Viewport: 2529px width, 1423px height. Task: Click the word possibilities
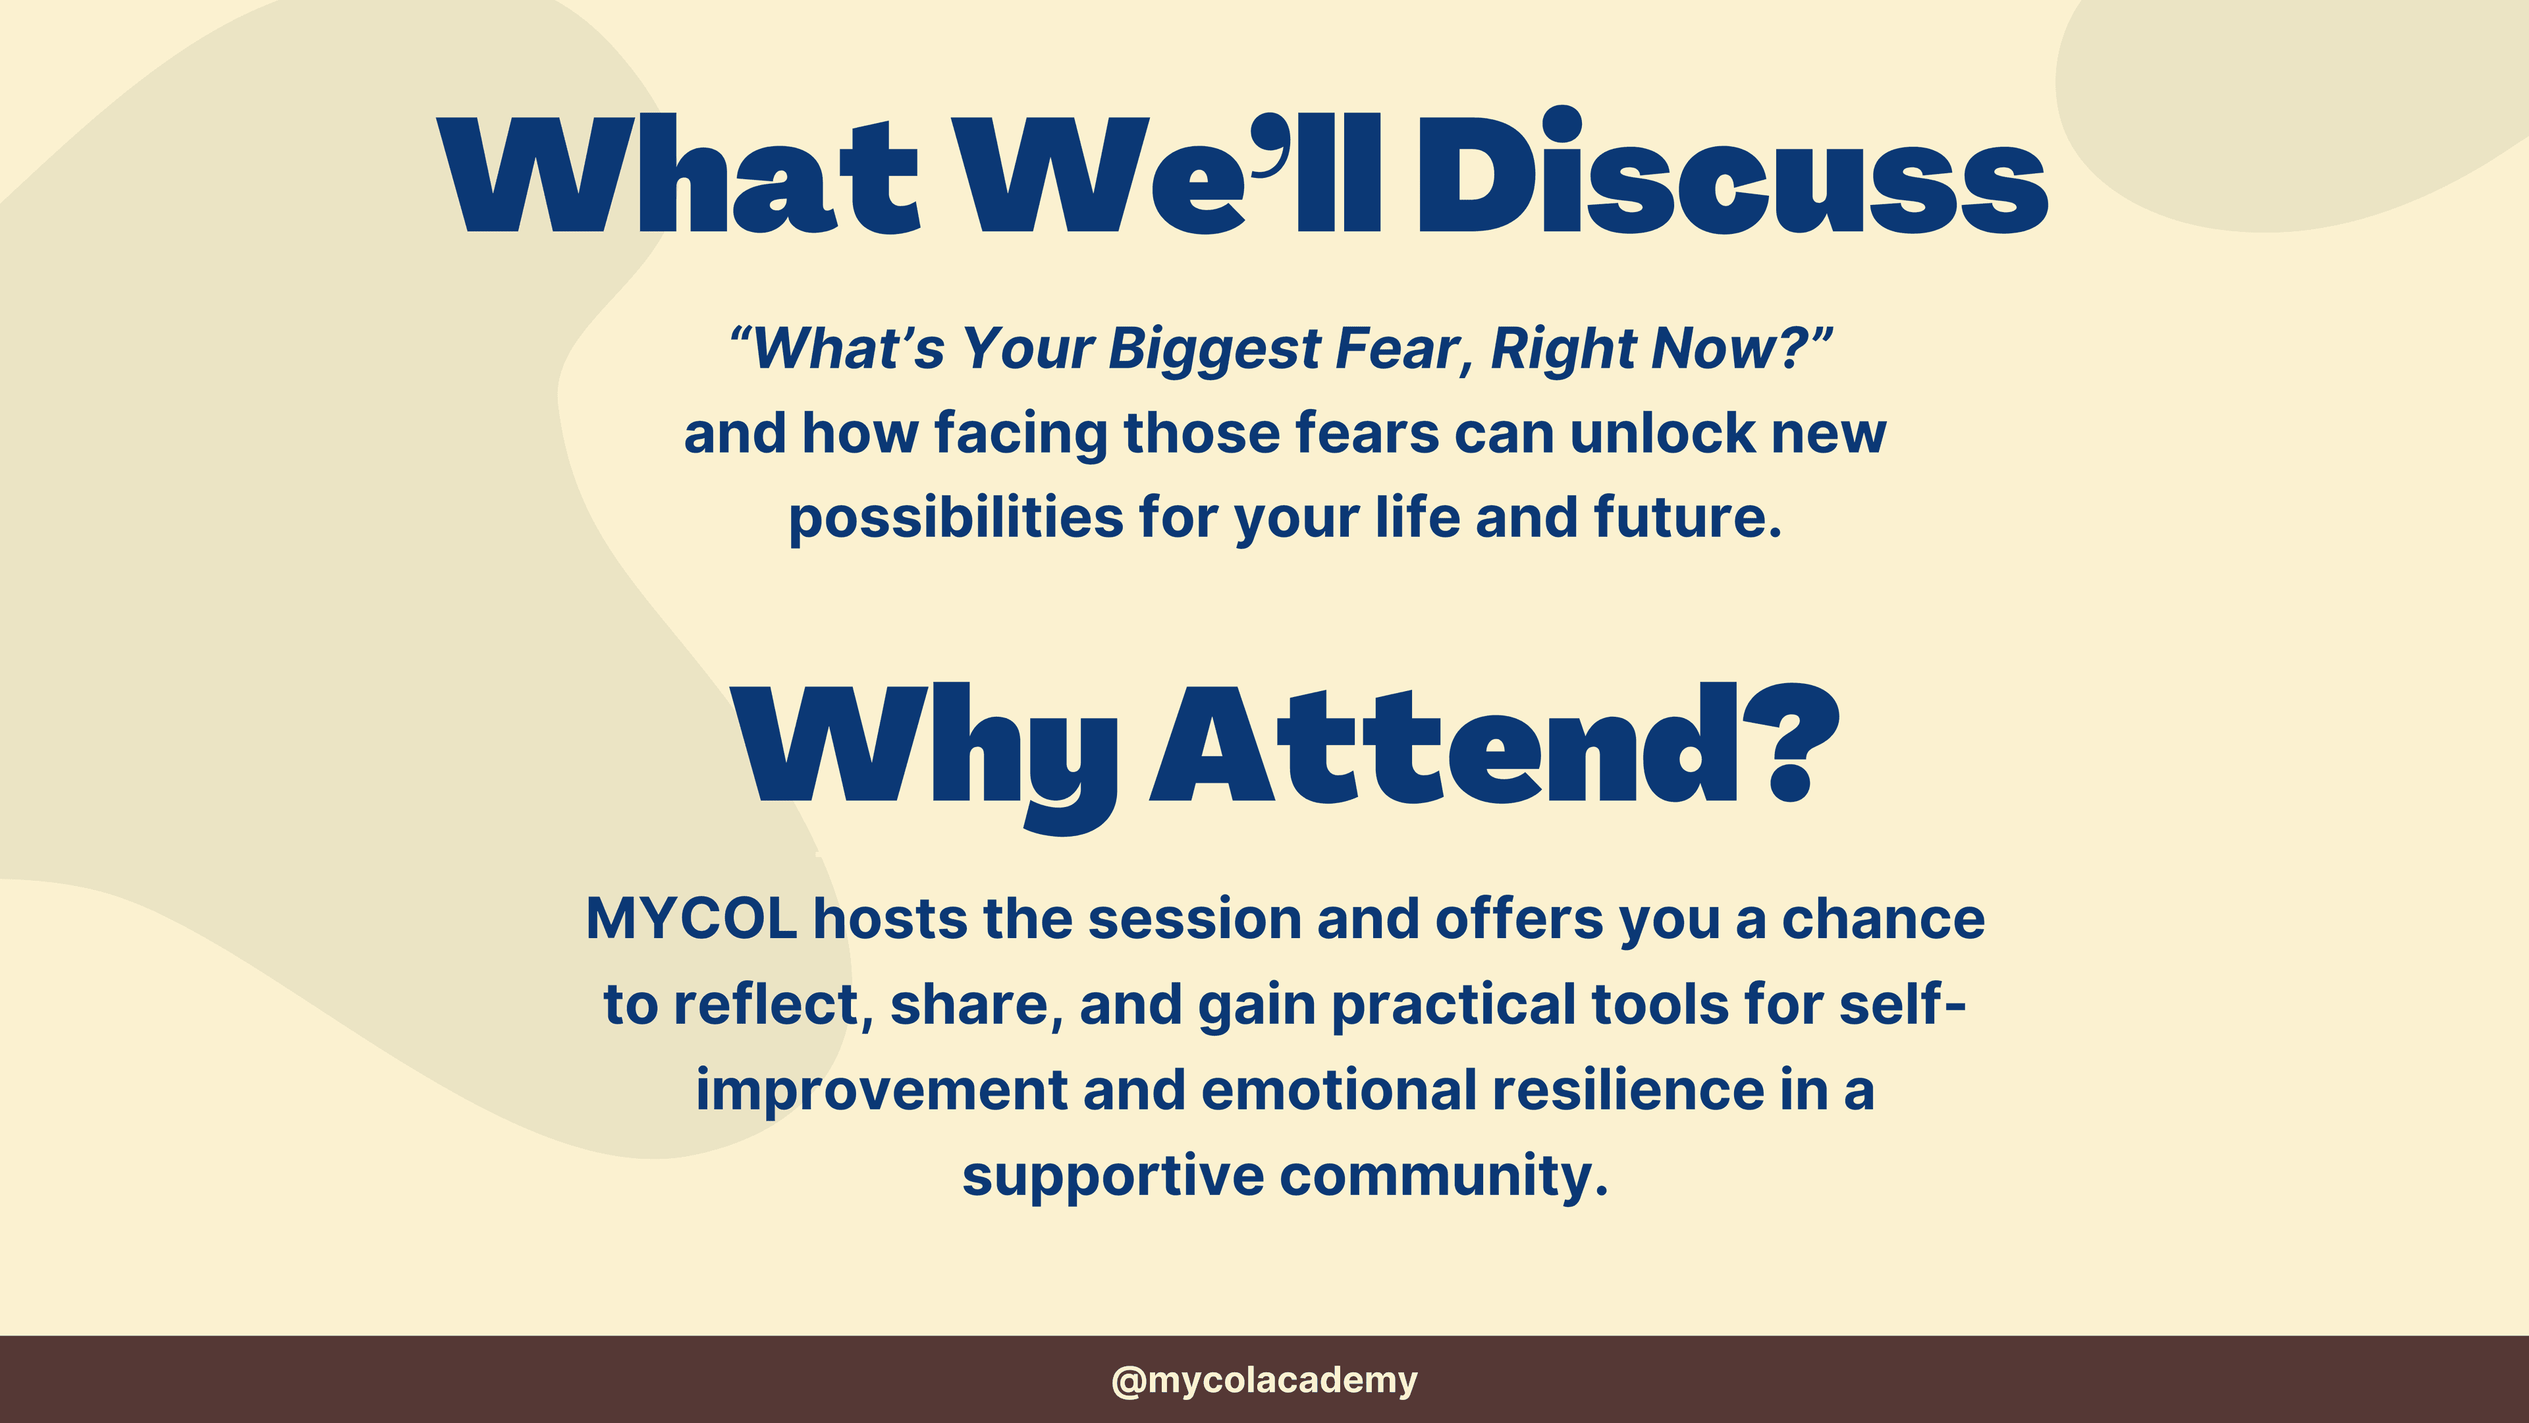coord(955,518)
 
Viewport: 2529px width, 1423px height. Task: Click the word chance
coord(1883,920)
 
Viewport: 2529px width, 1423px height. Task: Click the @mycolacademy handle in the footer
coord(1264,1380)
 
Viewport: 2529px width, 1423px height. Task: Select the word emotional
coord(1338,1091)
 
